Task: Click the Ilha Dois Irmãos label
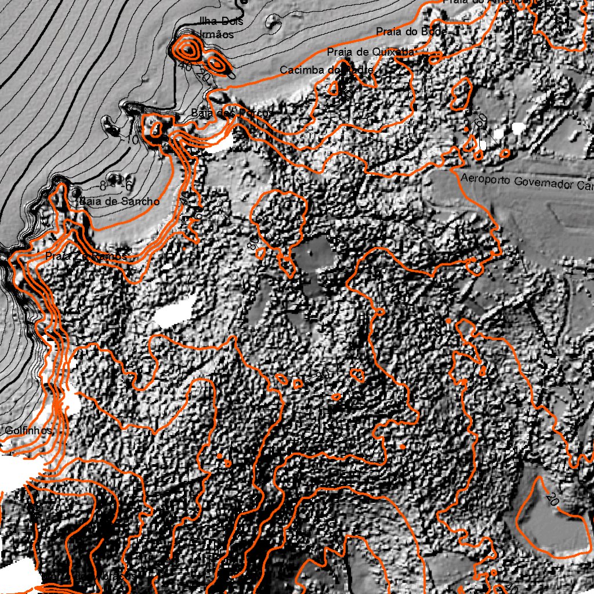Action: tap(220, 28)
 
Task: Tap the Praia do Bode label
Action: tap(411, 31)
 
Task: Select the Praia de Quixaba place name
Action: tap(371, 52)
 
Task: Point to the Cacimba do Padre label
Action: tap(327, 70)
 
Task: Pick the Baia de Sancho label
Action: tap(119, 201)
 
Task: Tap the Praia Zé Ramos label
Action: tap(85, 256)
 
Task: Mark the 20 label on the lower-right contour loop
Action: tap(553, 498)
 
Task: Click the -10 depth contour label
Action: tap(132, 140)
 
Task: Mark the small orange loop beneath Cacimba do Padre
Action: tap(333, 88)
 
